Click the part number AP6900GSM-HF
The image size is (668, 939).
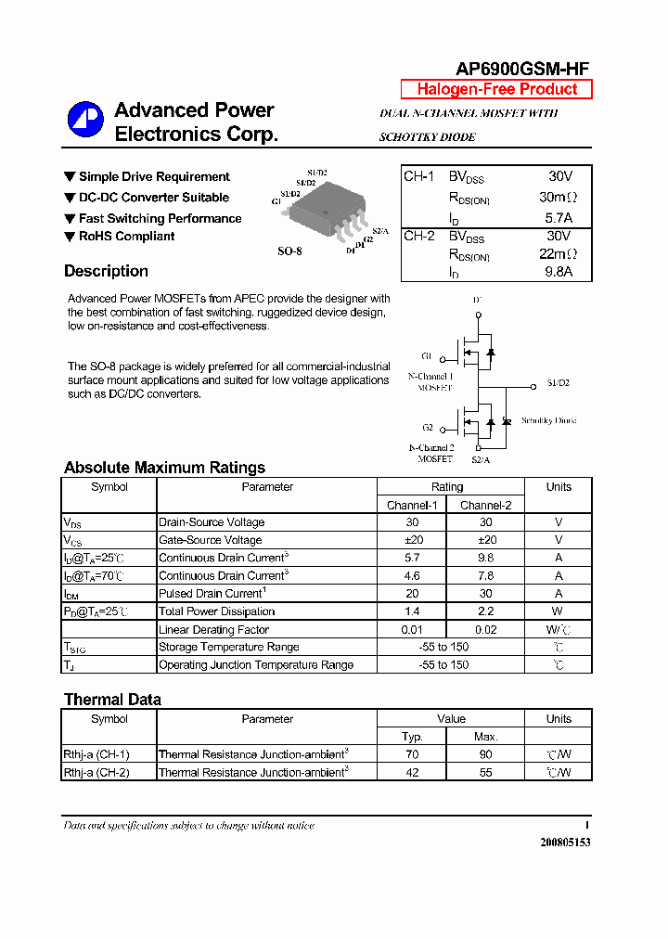521,69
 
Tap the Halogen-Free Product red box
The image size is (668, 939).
496,89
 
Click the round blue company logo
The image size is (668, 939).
85,120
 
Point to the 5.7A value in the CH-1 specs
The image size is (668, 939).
559,218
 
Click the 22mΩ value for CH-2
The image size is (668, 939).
558,253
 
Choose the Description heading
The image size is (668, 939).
106,271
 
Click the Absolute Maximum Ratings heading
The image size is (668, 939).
164,468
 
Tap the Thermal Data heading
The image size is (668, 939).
112,700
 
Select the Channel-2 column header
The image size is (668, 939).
485,505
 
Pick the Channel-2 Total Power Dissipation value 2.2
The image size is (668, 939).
485,611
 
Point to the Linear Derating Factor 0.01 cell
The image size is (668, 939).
412,629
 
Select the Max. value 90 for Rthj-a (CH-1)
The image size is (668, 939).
485,754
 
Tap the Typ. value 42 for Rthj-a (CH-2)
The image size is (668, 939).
412,772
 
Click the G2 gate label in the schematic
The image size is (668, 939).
428,428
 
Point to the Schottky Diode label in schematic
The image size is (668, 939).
548,420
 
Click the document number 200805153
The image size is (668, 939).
564,843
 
